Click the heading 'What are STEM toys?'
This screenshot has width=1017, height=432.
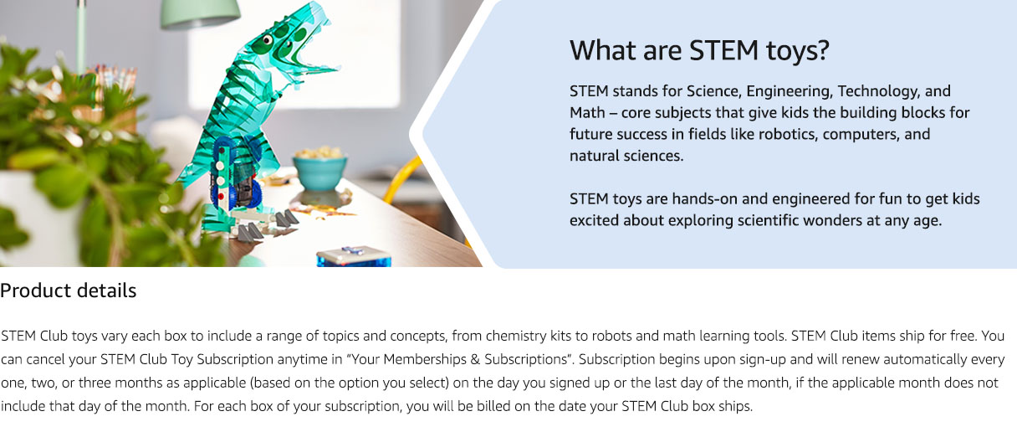tap(699, 51)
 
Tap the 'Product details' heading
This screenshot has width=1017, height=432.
tap(68, 291)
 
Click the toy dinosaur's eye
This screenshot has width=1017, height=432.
tap(268, 40)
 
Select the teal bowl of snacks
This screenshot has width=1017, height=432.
tap(319, 172)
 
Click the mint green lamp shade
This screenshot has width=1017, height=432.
tap(200, 13)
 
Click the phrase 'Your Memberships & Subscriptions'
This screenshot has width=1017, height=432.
tap(459, 359)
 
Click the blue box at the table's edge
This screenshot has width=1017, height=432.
tap(354, 257)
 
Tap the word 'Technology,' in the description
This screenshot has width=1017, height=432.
tap(879, 92)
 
